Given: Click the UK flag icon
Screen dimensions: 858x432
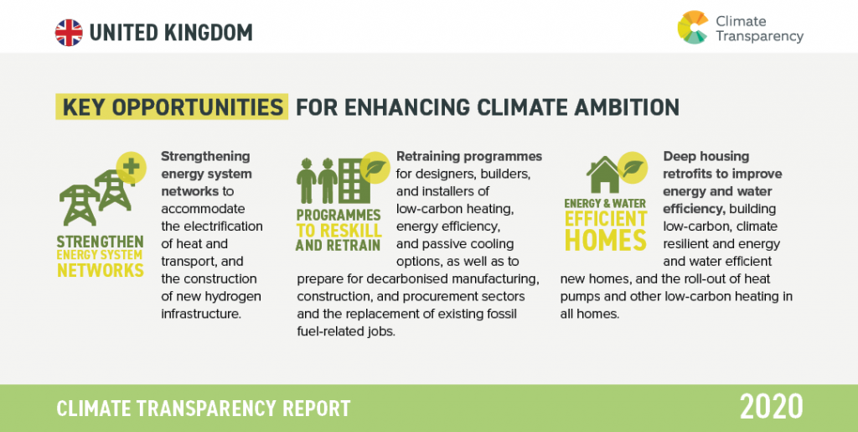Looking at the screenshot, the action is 69,33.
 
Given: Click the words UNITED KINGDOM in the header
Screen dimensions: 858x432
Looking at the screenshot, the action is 171,33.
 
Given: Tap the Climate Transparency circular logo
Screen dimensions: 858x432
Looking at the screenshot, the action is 693,28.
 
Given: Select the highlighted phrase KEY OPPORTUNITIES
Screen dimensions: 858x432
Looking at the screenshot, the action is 172,107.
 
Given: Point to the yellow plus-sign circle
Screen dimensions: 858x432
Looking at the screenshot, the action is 132,167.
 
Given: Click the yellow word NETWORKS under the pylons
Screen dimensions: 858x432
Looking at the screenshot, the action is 101,270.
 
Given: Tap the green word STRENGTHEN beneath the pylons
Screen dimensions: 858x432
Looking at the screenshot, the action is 101,242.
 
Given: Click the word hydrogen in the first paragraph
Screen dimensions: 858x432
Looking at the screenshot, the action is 235,297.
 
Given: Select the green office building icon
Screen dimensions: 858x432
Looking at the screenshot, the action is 354,180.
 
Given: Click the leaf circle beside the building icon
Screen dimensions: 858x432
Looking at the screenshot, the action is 375,167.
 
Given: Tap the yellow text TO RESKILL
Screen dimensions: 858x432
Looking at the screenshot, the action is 339,231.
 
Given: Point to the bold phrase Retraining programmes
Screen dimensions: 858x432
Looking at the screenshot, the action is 469,157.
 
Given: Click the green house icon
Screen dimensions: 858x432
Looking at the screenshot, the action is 602,174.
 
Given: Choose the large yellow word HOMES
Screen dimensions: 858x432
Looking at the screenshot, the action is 606,240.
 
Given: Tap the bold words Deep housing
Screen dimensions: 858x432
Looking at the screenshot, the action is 706,157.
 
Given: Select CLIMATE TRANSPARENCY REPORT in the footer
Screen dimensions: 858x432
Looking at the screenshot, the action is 204,409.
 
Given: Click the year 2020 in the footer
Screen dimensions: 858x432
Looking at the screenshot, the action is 772,408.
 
